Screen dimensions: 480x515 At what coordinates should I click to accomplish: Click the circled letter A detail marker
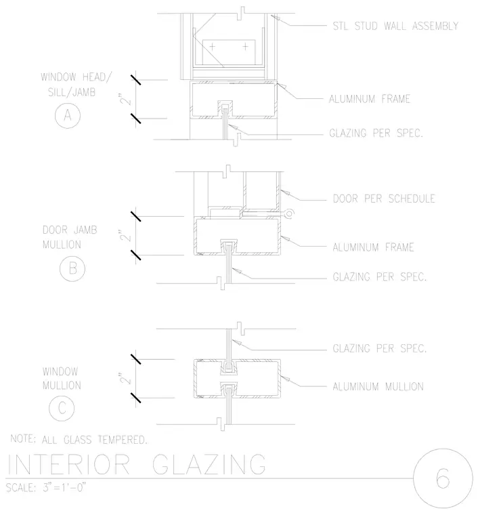[x=68, y=115]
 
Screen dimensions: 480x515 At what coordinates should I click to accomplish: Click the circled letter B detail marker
[x=72, y=268]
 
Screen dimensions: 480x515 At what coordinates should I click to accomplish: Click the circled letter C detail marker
[x=62, y=408]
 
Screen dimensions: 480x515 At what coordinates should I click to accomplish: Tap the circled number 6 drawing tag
[x=443, y=478]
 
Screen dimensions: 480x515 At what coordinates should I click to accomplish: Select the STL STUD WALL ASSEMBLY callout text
[x=395, y=26]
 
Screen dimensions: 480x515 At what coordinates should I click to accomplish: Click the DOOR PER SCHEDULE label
[x=384, y=199]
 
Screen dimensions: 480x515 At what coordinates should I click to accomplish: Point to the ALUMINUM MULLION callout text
[x=378, y=386]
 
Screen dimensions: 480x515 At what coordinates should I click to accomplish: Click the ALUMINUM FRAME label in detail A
[x=370, y=99]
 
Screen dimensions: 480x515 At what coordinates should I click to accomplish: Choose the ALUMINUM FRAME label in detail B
[x=373, y=247]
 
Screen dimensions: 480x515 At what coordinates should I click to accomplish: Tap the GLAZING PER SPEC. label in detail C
[x=379, y=348]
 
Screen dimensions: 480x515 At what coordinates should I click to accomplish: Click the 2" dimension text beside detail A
[x=125, y=99]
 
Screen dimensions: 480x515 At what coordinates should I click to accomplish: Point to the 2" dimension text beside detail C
[x=125, y=378]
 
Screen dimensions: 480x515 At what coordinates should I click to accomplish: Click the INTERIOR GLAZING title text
[x=137, y=464]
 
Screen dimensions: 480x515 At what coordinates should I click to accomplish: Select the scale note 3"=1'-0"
[x=64, y=487]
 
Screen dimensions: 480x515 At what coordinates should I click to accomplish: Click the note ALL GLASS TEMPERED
[x=95, y=440]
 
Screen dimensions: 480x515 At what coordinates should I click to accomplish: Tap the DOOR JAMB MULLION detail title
[x=70, y=237]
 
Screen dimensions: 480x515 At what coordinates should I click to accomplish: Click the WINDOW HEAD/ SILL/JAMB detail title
[x=76, y=85]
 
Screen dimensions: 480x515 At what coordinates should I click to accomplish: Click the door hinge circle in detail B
[x=289, y=214]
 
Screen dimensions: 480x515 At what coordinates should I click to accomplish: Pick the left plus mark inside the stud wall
[x=213, y=47]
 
